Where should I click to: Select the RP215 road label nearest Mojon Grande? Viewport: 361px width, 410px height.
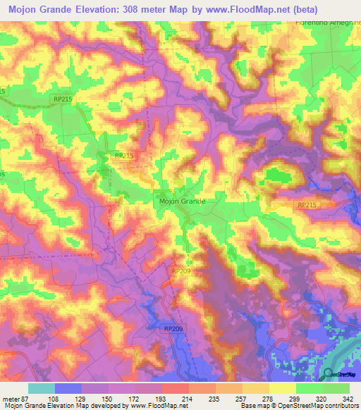[x=123, y=156]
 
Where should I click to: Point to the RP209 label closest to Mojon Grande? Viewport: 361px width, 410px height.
[x=180, y=270]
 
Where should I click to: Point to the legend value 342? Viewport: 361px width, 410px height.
[x=348, y=398]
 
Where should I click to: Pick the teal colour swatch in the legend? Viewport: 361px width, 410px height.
[x=41, y=388]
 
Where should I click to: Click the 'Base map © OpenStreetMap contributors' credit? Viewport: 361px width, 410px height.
[x=297, y=406]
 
